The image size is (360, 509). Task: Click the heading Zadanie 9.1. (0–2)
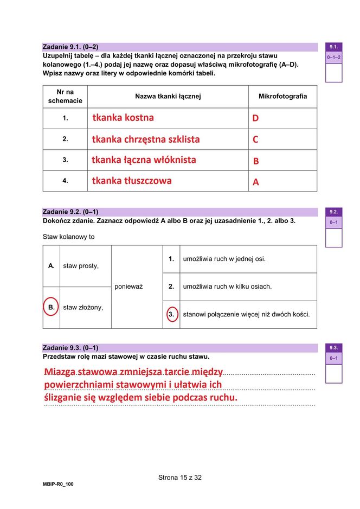(x=70, y=47)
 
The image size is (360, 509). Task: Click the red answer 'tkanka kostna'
(x=123, y=118)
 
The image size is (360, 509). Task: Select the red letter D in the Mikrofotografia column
(x=255, y=118)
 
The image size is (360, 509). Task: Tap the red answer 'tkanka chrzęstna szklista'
(x=145, y=139)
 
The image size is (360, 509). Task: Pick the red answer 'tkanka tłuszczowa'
(x=132, y=181)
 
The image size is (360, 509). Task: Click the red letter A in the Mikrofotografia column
(x=256, y=182)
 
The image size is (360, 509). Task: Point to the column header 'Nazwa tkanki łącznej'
(x=168, y=97)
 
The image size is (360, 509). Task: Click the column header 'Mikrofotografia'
(x=282, y=97)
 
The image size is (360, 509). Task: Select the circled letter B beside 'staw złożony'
(x=52, y=307)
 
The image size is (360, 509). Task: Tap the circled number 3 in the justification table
(x=171, y=314)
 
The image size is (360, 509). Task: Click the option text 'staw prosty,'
(x=81, y=266)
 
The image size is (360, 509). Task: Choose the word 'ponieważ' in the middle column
(x=128, y=287)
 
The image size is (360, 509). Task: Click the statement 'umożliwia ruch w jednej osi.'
(x=224, y=259)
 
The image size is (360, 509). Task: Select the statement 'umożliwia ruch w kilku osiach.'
(x=227, y=287)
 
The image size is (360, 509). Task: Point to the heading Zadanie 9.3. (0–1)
(x=70, y=347)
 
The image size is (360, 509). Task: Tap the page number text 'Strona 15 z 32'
(x=180, y=478)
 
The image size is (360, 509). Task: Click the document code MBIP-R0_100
(x=58, y=484)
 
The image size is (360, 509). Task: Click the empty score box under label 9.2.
(x=333, y=237)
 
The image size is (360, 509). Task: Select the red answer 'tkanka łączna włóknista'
(x=144, y=160)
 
